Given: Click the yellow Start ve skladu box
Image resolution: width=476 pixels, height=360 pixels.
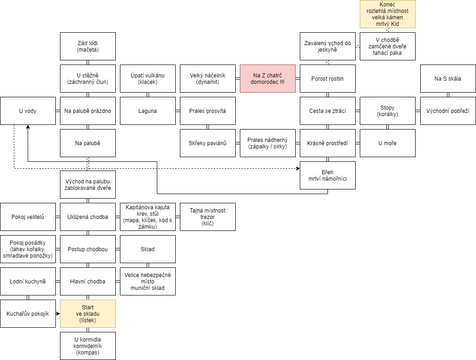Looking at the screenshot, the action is (x=88, y=313).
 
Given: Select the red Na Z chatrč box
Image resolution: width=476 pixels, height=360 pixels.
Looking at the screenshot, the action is (x=268, y=78).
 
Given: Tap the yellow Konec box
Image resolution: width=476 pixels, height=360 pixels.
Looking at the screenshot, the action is (x=387, y=14).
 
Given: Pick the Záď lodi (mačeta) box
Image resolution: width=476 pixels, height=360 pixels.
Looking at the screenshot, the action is (x=88, y=46).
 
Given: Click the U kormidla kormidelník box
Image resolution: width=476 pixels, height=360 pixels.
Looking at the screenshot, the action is (x=88, y=346).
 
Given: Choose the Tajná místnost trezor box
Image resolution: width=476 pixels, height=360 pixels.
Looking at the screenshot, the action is (x=208, y=217).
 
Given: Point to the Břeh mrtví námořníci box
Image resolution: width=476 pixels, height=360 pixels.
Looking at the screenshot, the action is (x=327, y=175).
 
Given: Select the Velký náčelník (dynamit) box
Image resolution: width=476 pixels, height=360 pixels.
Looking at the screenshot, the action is (x=208, y=78).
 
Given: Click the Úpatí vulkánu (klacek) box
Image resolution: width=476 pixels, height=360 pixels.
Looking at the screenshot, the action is (x=148, y=78).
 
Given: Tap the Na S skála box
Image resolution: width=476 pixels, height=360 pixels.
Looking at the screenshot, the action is (x=448, y=78).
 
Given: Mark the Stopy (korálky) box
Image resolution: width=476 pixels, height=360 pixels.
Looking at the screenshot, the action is (x=387, y=111).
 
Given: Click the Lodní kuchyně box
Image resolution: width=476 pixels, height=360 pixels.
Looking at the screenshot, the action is (x=28, y=282).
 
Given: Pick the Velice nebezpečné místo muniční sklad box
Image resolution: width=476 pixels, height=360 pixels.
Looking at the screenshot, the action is (x=148, y=282).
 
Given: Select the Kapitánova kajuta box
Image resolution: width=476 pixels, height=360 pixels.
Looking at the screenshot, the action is (x=148, y=217).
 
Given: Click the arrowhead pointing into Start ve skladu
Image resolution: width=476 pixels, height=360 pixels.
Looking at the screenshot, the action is (x=58, y=313).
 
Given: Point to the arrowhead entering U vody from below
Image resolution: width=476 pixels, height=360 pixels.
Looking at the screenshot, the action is (x=28, y=127).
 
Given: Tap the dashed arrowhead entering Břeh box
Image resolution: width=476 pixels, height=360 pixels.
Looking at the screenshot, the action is (x=298, y=168).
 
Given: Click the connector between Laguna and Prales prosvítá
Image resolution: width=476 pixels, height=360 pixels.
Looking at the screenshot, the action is (x=178, y=111).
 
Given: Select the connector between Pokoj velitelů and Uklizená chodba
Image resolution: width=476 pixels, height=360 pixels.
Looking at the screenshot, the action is (x=58, y=217).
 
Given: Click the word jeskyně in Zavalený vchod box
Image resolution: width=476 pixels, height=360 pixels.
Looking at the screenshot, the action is (x=327, y=50).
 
